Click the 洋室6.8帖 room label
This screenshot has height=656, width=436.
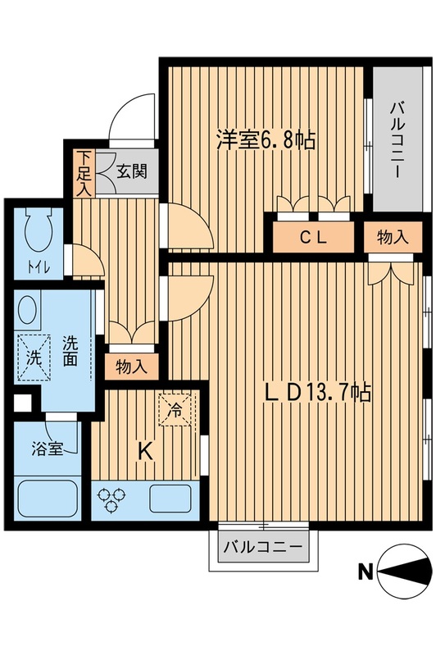click(x=266, y=139)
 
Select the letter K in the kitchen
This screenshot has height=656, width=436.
click(x=145, y=450)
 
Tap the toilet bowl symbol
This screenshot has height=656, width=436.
click(x=39, y=231)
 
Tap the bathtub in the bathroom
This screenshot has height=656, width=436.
click(x=46, y=499)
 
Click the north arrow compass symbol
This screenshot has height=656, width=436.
click(x=405, y=571)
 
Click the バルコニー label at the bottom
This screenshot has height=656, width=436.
click(x=262, y=547)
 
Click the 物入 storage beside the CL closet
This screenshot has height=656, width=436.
click(x=392, y=239)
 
